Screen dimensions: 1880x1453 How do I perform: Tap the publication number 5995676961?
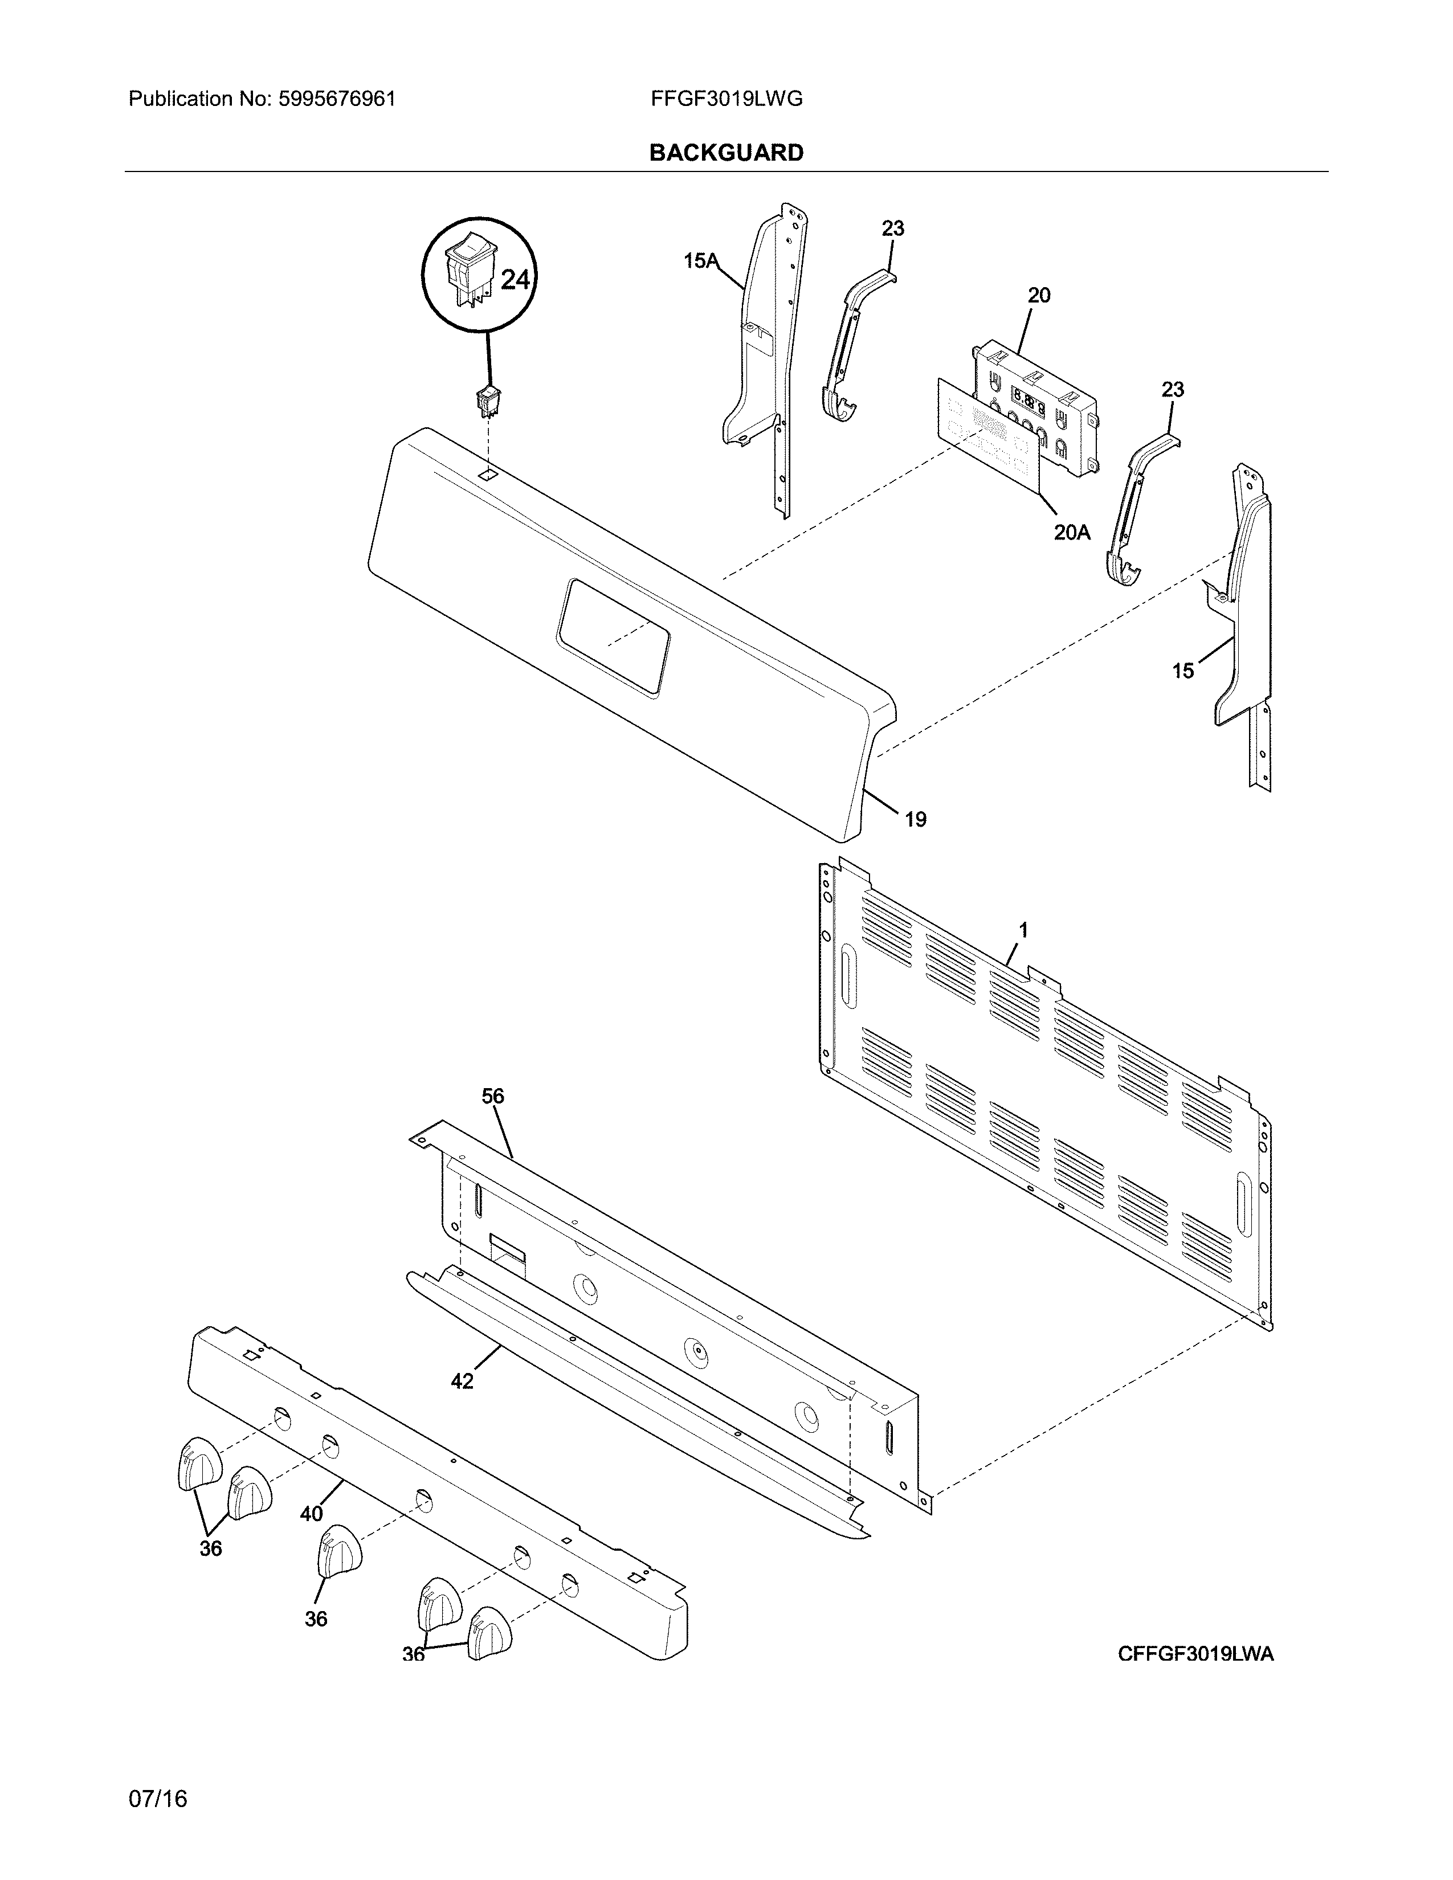pyautogui.click(x=337, y=99)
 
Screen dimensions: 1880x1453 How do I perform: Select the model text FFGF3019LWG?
pyautogui.click(x=726, y=99)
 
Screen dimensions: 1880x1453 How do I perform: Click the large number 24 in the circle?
pyautogui.click(x=515, y=280)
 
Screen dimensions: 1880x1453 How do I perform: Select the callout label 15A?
pyautogui.click(x=701, y=260)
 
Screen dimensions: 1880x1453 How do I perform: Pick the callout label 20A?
pyautogui.click(x=1072, y=532)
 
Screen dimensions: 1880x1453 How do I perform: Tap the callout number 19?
pyautogui.click(x=915, y=819)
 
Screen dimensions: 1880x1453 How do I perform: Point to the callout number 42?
pyautogui.click(x=462, y=1382)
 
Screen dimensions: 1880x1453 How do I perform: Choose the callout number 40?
pyautogui.click(x=312, y=1513)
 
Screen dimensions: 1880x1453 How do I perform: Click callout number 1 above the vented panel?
pyautogui.click(x=1023, y=930)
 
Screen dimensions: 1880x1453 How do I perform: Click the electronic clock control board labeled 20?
pyautogui.click(x=1033, y=404)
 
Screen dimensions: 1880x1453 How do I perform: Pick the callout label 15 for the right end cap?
pyautogui.click(x=1183, y=671)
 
